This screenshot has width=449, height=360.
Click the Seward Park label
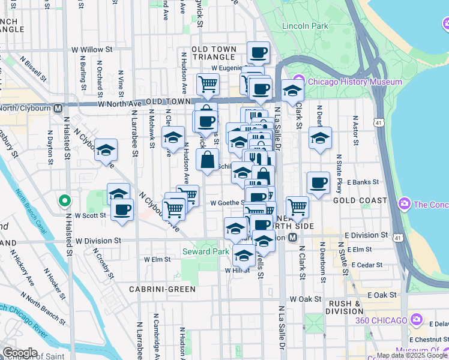tap(205, 251)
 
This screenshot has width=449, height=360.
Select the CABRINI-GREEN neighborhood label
tap(162, 289)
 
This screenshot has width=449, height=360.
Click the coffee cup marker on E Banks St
tap(318, 182)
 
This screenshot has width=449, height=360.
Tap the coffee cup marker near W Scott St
tap(122, 210)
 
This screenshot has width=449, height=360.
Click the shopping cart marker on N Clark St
tap(297, 206)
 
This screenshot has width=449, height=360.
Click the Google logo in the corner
tap(20, 353)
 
